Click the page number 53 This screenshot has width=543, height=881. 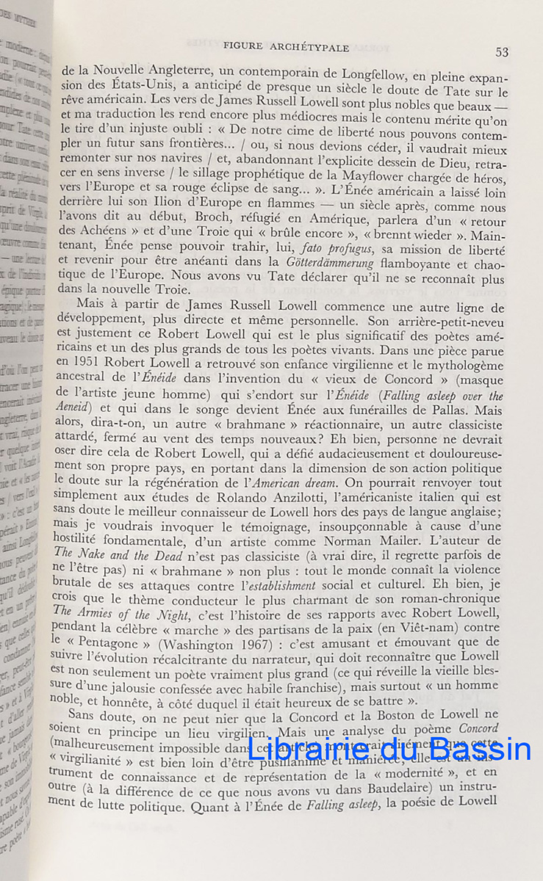(x=502, y=51)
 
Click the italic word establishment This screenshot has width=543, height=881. (x=278, y=584)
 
